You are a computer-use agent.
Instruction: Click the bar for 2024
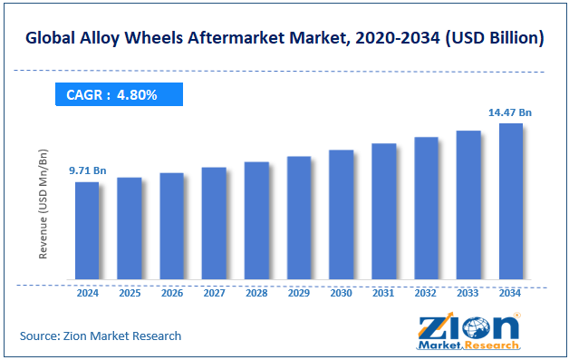[x=87, y=230]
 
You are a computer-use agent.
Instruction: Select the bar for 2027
[x=214, y=223]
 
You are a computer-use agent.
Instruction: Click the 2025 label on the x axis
[x=130, y=294]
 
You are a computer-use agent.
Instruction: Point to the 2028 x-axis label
[x=256, y=294]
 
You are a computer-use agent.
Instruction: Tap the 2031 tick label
[x=383, y=294]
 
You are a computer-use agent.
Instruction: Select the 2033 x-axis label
[x=468, y=294]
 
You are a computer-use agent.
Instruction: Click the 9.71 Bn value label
[x=88, y=170]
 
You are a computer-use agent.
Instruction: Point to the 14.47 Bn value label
[x=510, y=112]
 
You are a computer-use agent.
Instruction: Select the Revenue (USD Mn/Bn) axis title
[x=43, y=206]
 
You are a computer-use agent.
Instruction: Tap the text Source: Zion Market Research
[x=101, y=336]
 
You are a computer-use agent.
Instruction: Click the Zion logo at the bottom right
[x=468, y=332]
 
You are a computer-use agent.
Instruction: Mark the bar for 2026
[x=171, y=226]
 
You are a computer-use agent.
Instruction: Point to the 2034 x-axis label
[x=510, y=294]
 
